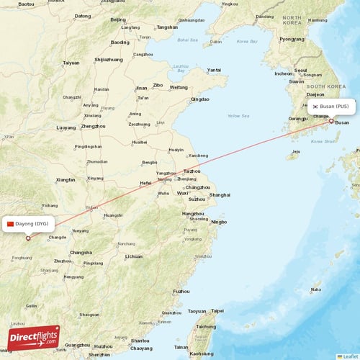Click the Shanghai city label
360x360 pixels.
pyautogui.click(x=219, y=195)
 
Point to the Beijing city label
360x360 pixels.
pyautogui.click(x=118, y=20)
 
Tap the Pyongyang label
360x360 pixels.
pyautogui.click(x=292, y=39)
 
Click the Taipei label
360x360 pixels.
pyautogui.click(x=217, y=311)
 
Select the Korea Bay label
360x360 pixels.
pyautogui.click(x=248, y=42)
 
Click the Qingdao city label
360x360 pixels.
pyautogui.click(x=200, y=99)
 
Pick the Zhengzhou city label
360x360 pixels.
pyautogui.click(x=92, y=126)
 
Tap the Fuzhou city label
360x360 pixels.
pyautogui.click(x=181, y=291)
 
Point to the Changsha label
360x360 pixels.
pyautogui.click(x=81, y=252)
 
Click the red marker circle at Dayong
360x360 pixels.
pyautogui.click(x=28, y=238)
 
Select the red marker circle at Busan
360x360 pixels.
pyautogui.click(x=331, y=121)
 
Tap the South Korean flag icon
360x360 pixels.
pyautogui.click(x=315, y=107)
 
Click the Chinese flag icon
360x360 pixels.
pyautogui.click(x=10, y=224)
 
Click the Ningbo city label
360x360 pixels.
pyautogui.click(x=218, y=222)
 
